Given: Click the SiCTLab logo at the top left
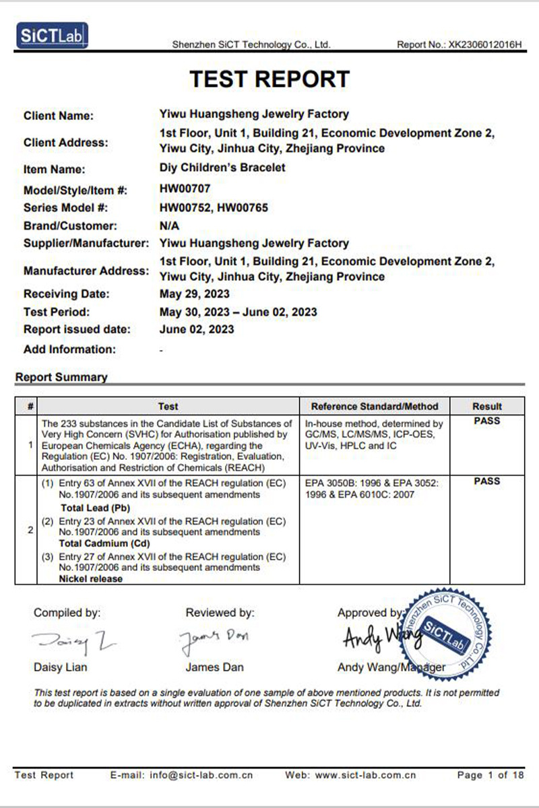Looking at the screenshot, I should point(52,36).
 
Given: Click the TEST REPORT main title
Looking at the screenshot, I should point(269,79).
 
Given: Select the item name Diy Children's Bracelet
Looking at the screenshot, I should point(222,168).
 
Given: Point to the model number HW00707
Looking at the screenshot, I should point(185,190).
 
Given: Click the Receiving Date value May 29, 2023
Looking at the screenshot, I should point(195,294).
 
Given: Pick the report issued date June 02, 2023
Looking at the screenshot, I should point(197,329).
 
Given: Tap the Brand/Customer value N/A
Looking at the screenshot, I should point(169,226).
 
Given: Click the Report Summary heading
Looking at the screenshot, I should point(61,377).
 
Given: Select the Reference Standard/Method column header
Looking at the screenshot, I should point(375,406).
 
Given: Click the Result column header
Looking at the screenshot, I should point(487,406).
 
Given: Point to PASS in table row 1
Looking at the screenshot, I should point(487,422).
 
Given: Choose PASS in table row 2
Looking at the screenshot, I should point(487,481).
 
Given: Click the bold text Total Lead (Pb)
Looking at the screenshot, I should point(95,508).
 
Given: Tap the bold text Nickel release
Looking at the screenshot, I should point(91,578).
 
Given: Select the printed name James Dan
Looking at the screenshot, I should point(215,667).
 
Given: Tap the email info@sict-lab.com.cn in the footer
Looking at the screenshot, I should point(182,775).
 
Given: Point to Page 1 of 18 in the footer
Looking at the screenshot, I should point(490,775).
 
